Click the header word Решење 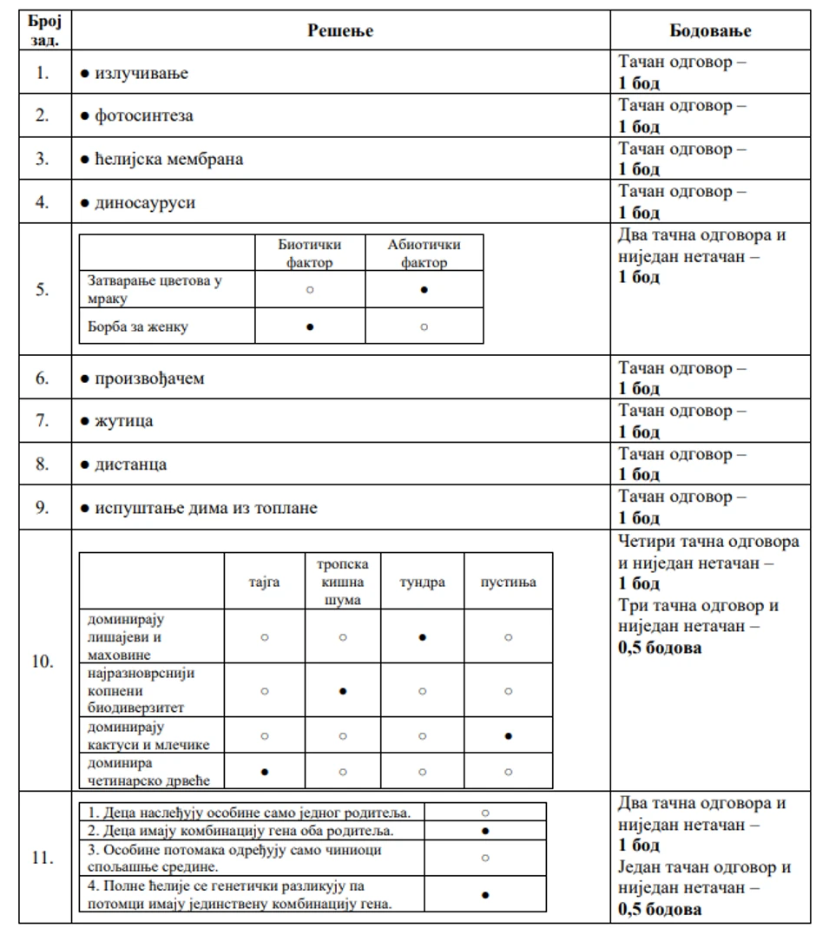click(x=340, y=31)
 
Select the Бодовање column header click(x=710, y=31)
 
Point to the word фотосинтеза click(x=142, y=115)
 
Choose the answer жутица click(x=128, y=421)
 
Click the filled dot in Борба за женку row click(x=310, y=328)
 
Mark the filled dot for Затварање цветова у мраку click(x=424, y=291)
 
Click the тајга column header click(x=264, y=583)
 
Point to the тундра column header click(x=422, y=583)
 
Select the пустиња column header click(x=508, y=583)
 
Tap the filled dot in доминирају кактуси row click(x=508, y=735)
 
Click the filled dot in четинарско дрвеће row click(x=264, y=770)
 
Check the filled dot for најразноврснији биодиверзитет click(x=343, y=692)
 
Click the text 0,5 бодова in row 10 click(x=658, y=649)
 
